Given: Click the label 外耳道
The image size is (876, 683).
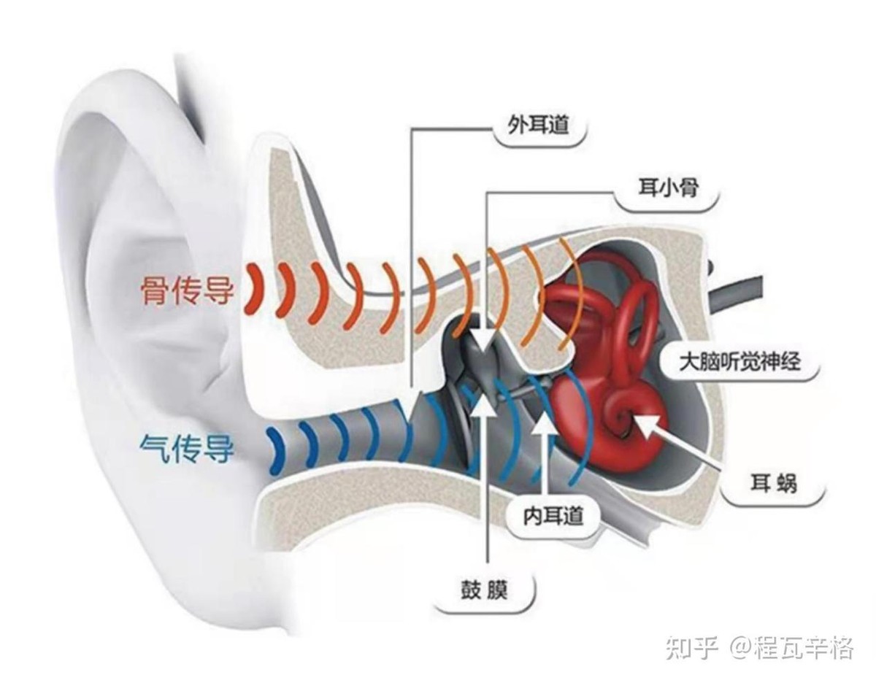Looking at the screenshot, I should (539, 128).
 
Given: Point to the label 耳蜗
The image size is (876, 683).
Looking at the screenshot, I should (775, 482).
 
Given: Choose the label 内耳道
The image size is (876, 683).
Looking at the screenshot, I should (553, 516).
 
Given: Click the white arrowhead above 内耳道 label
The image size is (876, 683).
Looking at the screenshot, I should (541, 423).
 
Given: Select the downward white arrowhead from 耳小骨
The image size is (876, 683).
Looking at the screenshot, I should (482, 341).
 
